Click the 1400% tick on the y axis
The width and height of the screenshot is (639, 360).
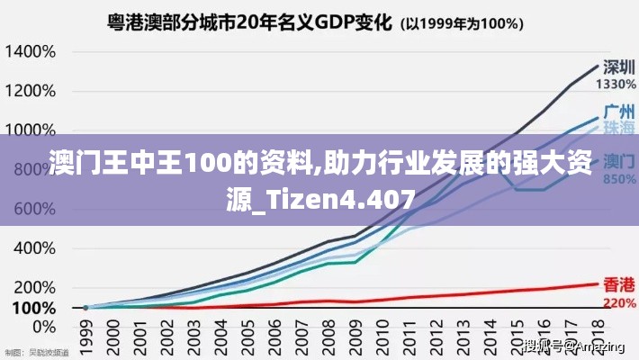(x=31, y=51)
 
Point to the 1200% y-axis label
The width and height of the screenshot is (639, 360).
(x=31, y=91)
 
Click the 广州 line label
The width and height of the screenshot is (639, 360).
(x=618, y=112)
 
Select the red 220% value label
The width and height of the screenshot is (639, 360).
(x=618, y=302)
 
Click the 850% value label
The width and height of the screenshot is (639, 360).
(x=618, y=179)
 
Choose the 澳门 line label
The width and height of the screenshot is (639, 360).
(x=618, y=162)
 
